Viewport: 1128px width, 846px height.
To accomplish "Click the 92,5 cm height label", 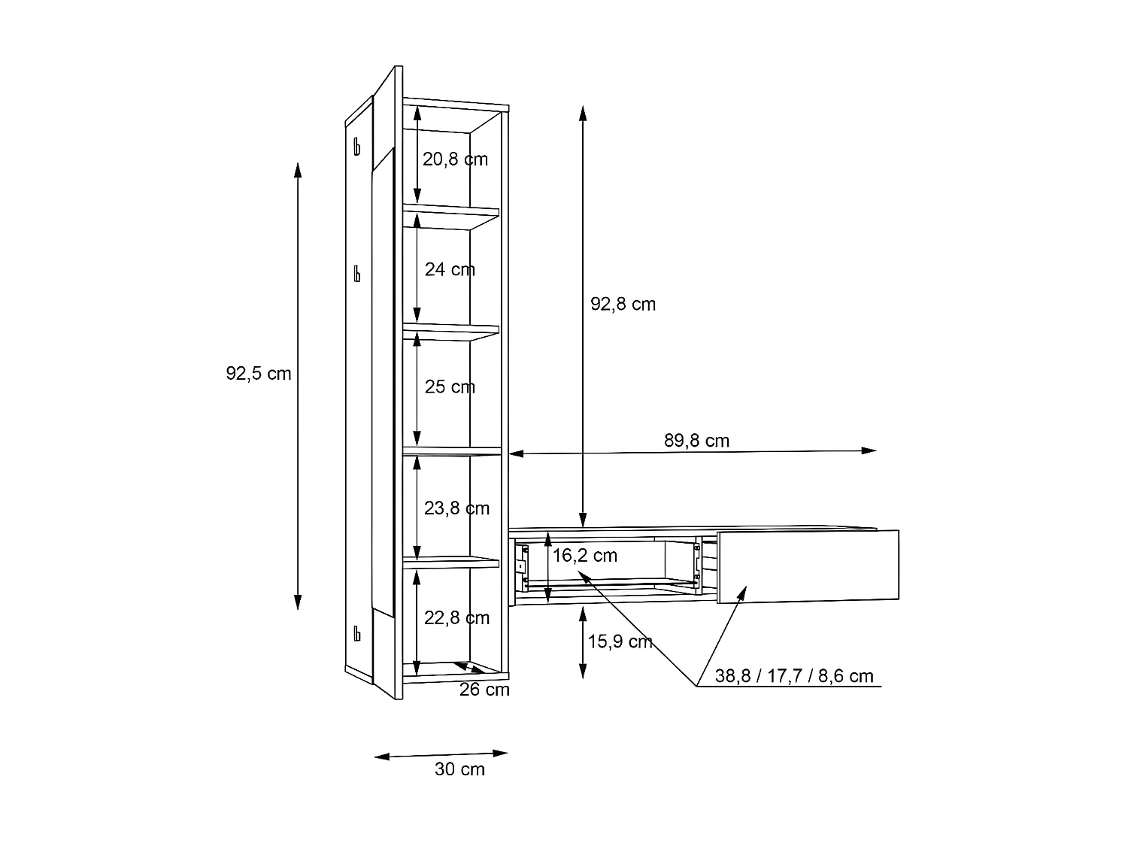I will click(x=258, y=374).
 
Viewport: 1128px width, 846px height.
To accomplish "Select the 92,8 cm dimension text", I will click(x=623, y=305).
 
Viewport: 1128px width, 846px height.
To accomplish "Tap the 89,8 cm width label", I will click(x=696, y=441).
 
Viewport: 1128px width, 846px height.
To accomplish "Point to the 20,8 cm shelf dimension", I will click(x=455, y=159).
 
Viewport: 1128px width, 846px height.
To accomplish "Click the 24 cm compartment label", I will click(x=450, y=269).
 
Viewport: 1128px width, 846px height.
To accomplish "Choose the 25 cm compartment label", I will click(x=450, y=387).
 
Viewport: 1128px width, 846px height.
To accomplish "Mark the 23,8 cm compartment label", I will click(x=456, y=508).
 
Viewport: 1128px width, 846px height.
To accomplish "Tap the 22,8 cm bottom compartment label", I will click(x=456, y=618).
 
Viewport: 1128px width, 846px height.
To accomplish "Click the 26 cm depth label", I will click(x=484, y=690).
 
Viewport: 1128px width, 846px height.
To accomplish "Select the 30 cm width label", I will click(x=459, y=769).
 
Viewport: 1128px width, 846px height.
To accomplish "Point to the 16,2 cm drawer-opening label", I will click(x=585, y=556).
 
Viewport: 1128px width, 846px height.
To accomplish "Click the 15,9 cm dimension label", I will click(x=620, y=642).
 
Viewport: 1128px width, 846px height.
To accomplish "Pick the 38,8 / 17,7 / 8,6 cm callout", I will click(x=794, y=676).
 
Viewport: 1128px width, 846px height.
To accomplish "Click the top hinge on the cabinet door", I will click(x=357, y=146).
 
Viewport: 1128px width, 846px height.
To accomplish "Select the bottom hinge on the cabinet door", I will click(x=357, y=633).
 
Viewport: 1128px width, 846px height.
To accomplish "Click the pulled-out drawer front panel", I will click(x=808, y=566).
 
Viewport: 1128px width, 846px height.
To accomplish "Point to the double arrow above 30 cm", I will click(x=441, y=755).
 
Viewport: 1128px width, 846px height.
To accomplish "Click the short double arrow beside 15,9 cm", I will click(x=583, y=643).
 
